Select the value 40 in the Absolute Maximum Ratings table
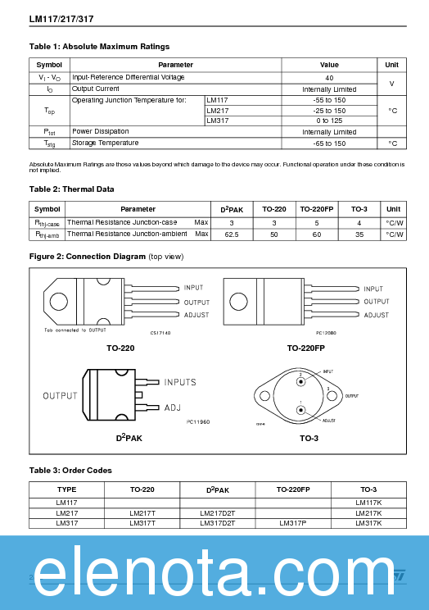coord(329,78)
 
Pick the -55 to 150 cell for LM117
coord(329,99)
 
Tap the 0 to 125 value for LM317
coord(329,121)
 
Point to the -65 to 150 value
coord(329,143)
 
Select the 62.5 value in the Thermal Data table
coord(232,234)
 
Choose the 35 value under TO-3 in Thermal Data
coord(359,234)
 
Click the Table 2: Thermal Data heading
coord(72,189)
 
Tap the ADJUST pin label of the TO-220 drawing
coord(196,315)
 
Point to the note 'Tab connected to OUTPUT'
coord(75,330)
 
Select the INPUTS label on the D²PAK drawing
coord(180,383)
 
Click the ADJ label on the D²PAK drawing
coord(173,407)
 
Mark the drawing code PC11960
coord(197,421)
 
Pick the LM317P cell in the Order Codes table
coord(292,522)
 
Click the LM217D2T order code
coord(218,512)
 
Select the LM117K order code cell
coord(368,502)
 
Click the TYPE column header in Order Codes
coord(66,489)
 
